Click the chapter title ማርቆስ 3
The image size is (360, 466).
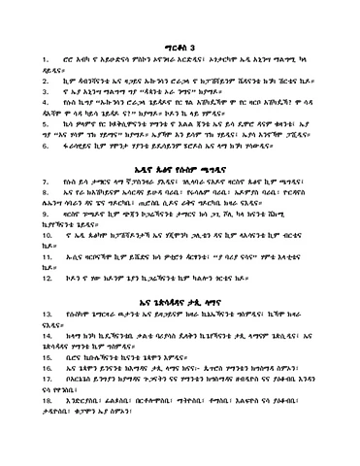[x=180, y=45]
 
